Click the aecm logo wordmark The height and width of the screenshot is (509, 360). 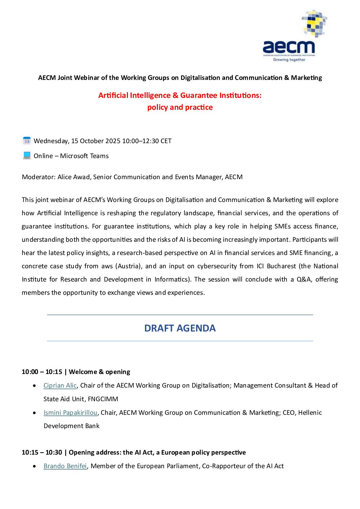(289, 47)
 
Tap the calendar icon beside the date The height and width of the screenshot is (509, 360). (27, 140)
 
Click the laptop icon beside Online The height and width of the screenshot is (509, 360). (27, 155)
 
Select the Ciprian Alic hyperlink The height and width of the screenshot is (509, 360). (60, 385)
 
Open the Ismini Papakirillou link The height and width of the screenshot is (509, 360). (70, 412)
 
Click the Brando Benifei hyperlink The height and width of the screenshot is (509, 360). (65, 466)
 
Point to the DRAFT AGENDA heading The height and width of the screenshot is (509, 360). (180, 328)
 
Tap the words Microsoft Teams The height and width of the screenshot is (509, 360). (84, 156)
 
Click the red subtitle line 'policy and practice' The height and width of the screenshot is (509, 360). (180, 107)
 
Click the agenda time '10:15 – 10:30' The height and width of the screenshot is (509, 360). (42, 452)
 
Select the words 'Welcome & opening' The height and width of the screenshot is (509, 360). (99, 372)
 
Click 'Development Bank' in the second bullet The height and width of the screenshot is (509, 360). (71, 426)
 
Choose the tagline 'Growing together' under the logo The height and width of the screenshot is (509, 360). (289, 60)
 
